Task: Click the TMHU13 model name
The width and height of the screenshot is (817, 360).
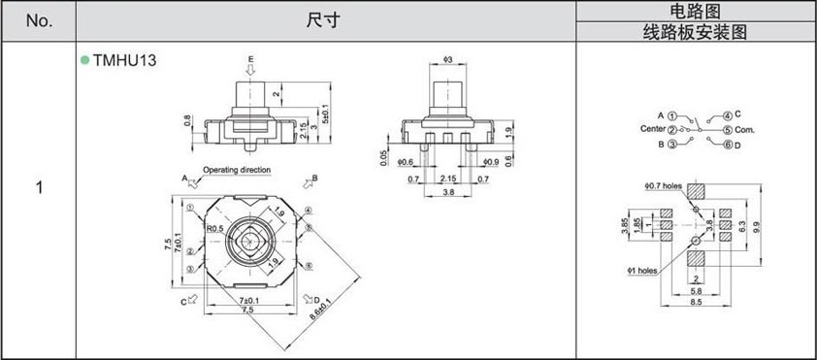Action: (124, 60)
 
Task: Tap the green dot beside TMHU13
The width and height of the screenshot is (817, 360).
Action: (85, 60)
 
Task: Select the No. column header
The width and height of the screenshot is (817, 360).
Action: (39, 20)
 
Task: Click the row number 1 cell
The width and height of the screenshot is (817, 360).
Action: (39, 187)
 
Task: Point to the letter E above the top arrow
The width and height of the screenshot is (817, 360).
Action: (250, 59)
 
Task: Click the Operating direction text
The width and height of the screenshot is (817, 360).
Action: (237, 170)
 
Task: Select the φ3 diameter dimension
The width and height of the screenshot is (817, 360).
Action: (447, 60)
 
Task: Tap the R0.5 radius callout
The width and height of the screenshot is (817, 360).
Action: (214, 228)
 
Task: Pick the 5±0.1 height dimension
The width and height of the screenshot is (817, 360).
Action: (326, 114)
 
